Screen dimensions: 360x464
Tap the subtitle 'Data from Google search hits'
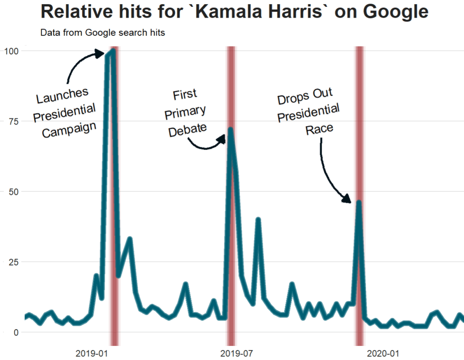[x=103, y=33]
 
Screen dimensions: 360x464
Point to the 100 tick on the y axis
[x=12, y=51]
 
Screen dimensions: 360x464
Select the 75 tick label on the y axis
[x=14, y=121]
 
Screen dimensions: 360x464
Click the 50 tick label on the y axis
[x=14, y=191]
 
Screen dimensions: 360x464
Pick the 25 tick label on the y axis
[x=14, y=262]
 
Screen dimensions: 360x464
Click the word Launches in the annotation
[x=62, y=97]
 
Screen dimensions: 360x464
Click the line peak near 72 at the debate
[x=230, y=129]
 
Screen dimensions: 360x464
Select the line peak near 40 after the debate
[x=258, y=220]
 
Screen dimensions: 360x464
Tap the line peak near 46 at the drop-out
[x=359, y=202]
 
